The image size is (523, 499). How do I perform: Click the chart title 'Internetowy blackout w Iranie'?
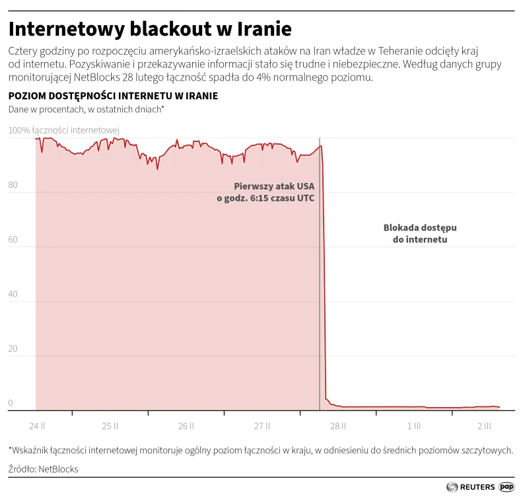coord(150,29)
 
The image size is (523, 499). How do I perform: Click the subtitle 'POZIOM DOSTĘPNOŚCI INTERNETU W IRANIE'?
coord(113,96)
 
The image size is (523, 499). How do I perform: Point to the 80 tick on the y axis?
coord(13,185)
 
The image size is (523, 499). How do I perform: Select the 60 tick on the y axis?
coord(13,240)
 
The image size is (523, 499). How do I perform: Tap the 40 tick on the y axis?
coord(13,295)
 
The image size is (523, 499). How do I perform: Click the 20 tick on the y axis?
coord(13,350)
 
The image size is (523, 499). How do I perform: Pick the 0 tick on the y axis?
coord(11,403)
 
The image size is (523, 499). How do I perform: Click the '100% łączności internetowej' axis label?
coord(63,130)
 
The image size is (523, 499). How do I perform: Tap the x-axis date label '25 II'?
coord(111,426)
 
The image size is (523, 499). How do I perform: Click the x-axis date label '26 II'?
coord(187,426)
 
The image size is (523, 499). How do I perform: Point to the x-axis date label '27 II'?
coord(263,426)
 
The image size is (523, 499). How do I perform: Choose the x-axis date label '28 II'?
coord(338,426)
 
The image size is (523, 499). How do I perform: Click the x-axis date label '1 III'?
coord(414,426)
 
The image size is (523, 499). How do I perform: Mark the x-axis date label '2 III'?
coord(484,426)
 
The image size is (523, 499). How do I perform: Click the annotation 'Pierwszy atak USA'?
coord(274,186)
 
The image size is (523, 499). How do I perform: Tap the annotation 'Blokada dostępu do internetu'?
coord(420,233)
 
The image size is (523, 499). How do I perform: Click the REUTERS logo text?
coord(477,487)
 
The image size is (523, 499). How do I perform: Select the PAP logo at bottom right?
coord(506,487)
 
